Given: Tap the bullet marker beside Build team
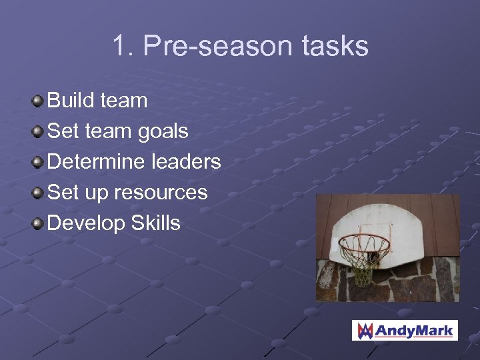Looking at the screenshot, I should (x=39, y=101).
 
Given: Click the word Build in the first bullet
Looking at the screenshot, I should (x=69, y=101).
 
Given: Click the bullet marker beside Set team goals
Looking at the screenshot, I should (x=39, y=132).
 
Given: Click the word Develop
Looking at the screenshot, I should (x=86, y=223).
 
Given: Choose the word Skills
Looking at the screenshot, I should (x=155, y=223).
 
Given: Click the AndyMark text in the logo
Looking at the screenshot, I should (x=414, y=331).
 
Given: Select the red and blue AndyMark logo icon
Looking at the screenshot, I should (x=365, y=331).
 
